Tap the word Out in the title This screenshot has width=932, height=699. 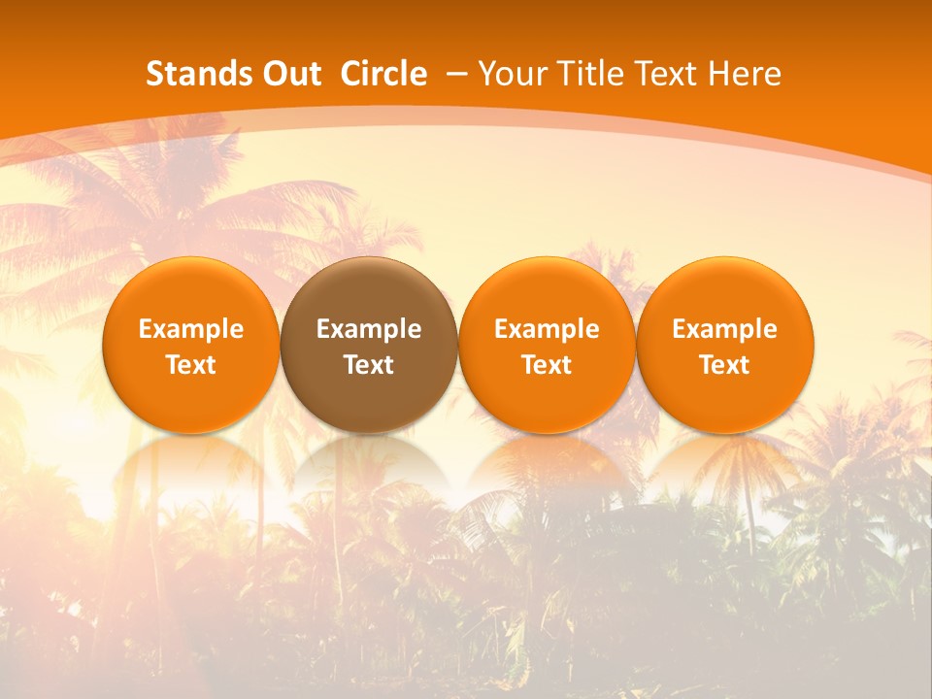click(x=289, y=74)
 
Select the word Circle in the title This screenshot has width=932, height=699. click(x=383, y=74)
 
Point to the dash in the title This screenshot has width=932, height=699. click(x=455, y=74)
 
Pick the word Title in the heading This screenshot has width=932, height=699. click(x=582, y=74)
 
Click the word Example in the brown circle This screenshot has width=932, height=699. click(x=369, y=329)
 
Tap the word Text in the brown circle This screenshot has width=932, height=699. click(x=369, y=365)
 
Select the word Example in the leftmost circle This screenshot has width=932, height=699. click(x=191, y=329)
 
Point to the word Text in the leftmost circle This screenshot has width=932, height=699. click(x=191, y=365)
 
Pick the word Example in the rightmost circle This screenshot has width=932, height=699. click(x=725, y=329)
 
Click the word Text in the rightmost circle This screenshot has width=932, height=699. click(x=725, y=365)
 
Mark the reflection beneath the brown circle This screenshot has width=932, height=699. click(x=369, y=466)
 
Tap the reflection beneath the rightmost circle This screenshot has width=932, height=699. click(x=725, y=466)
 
